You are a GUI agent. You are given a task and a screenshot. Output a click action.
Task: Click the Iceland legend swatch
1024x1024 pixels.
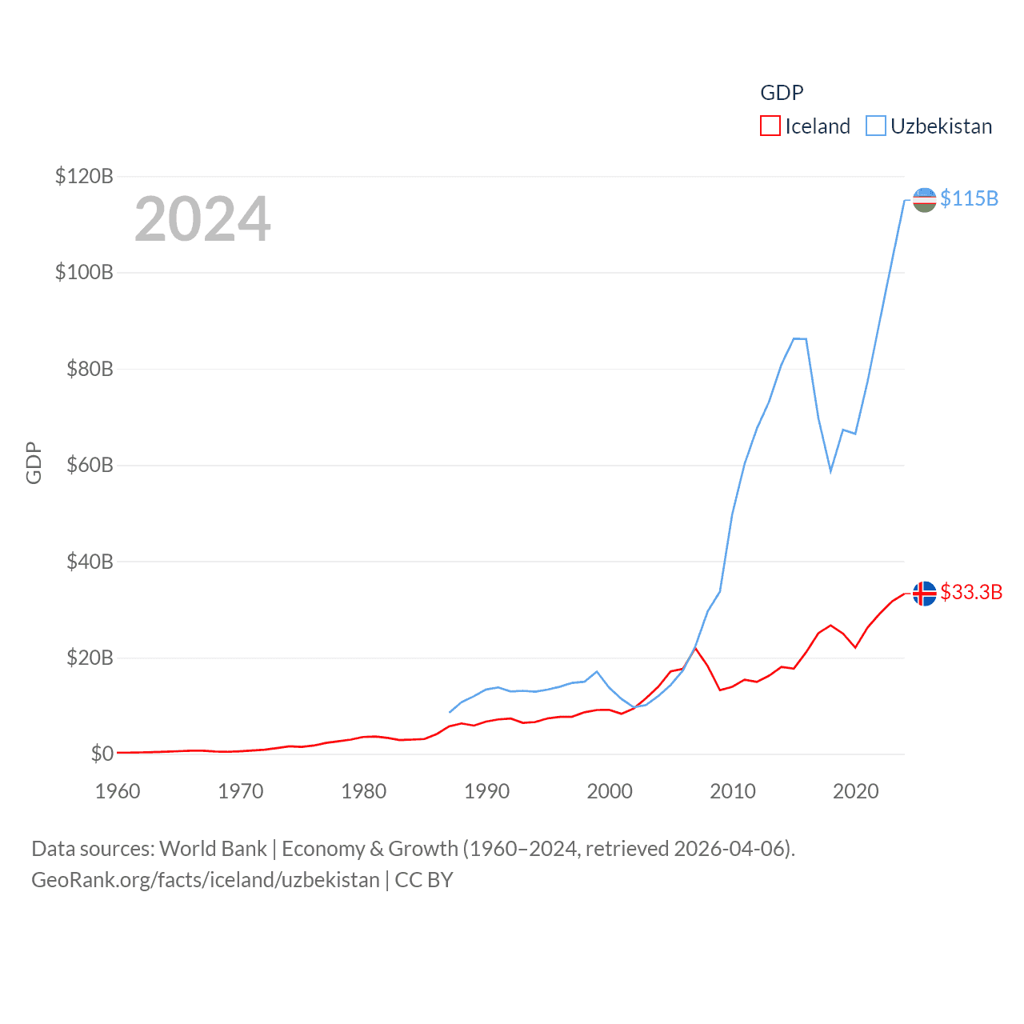pyautogui.click(x=770, y=126)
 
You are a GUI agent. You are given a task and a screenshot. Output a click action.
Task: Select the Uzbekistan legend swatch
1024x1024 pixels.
pyautogui.click(x=876, y=126)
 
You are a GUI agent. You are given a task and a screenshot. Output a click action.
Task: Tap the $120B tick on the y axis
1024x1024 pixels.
pyautogui.click(x=84, y=176)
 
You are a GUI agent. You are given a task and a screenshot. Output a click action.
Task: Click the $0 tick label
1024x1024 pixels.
pyautogui.click(x=102, y=754)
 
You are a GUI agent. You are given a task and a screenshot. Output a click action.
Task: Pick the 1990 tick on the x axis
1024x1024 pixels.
pyautogui.click(x=486, y=791)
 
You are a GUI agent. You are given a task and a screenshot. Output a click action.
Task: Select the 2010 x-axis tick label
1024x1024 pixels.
pyautogui.click(x=733, y=791)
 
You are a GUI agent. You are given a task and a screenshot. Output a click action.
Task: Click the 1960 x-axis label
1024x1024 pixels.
pyautogui.click(x=118, y=791)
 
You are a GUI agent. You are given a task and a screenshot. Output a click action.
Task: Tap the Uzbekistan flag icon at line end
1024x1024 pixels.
pyautogui.click(x=924, y=200)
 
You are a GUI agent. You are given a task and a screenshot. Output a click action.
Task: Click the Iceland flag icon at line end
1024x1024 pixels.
pyautogui.click(x=924, y=594)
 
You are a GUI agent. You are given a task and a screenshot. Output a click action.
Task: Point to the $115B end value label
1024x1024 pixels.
pyautogui.click(x=969, y=198)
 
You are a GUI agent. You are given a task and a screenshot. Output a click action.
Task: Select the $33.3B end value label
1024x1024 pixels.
pyautogui.click(x=971, y=592)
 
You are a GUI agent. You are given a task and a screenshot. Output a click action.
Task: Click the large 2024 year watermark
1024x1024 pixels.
pyautogui.click(x=202, y=218)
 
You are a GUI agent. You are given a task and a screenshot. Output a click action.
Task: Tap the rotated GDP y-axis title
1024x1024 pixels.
pyautogui.click(x=34, y=462)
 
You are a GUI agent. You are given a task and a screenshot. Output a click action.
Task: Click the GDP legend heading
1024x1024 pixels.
pyautogui.click(x=782, y=93)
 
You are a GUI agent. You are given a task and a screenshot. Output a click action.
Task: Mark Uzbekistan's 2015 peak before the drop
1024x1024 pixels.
pyautogui.click(x=794, y=338)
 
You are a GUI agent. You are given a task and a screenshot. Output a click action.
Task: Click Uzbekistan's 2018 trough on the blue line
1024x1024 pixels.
pyautogui.click(x=831, y=470)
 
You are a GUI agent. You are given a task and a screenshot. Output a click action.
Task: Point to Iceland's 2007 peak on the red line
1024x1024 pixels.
pyautogui.click(x=696, y=648)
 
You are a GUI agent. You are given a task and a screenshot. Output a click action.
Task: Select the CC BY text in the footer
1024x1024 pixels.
pyautogui.click(x=424, y=880)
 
